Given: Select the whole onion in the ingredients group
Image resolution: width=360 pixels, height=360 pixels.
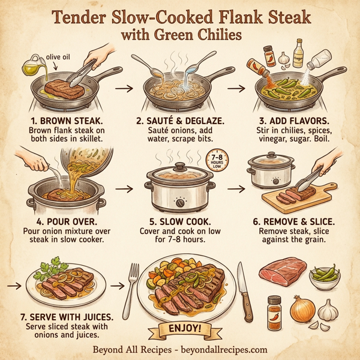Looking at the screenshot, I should (302, 309).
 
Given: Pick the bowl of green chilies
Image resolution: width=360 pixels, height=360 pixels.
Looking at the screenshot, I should (325, 278).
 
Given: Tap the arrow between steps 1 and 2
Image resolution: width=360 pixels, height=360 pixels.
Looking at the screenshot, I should (124, 88).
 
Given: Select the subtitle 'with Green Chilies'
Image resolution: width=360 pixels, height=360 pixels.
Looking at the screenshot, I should (181, 35).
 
